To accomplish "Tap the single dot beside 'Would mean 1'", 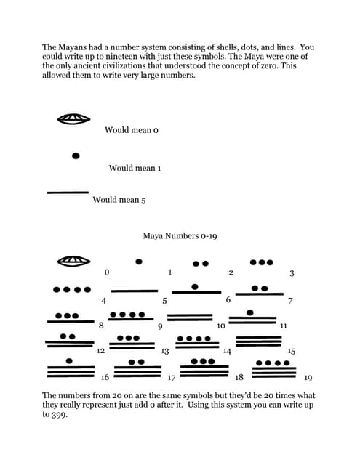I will (76, 155).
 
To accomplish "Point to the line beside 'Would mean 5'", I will (67, 193).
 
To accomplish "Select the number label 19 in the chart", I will (308, 378).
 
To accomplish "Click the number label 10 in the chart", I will (220, 326).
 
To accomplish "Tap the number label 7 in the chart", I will (290, 300).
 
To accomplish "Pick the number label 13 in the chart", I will (165, 352).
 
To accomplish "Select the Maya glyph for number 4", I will (72, 289).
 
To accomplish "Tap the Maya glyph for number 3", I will (261, 262).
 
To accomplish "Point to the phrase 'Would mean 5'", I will (119, 200).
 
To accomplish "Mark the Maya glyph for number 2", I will (200, 263).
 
